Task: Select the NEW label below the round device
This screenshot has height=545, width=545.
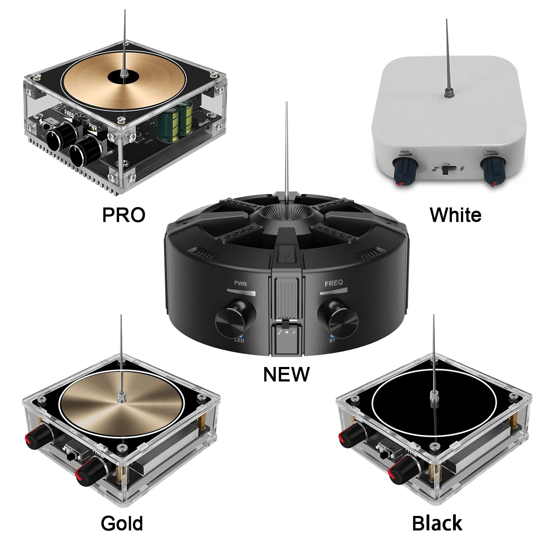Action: (x=286, y=374)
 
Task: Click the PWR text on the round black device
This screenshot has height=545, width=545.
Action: (x=241, y=284)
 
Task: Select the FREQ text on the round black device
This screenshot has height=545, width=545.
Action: (x=333, y=283)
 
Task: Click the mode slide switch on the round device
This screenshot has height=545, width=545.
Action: (x=286, y=324)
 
